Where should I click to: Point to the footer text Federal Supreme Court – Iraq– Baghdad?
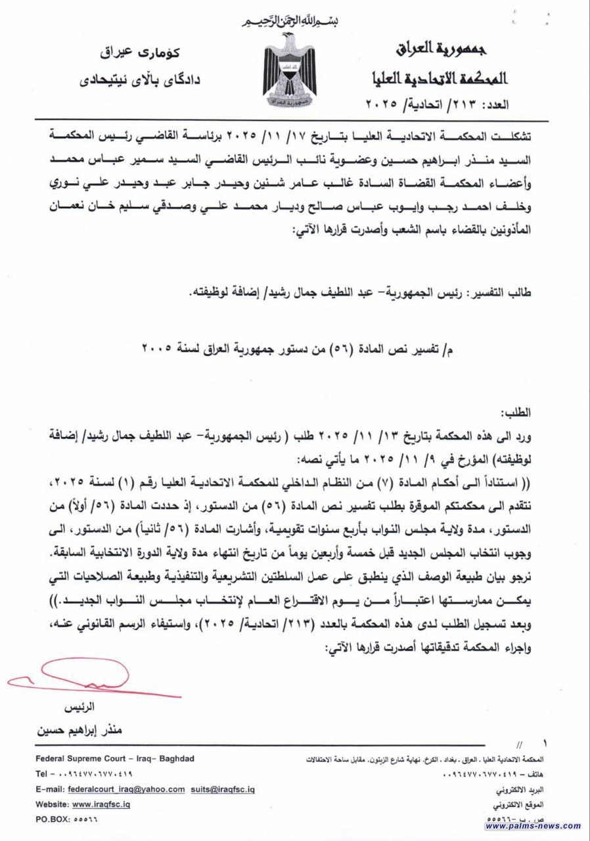pyautogui.click(x=115, y=759)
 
